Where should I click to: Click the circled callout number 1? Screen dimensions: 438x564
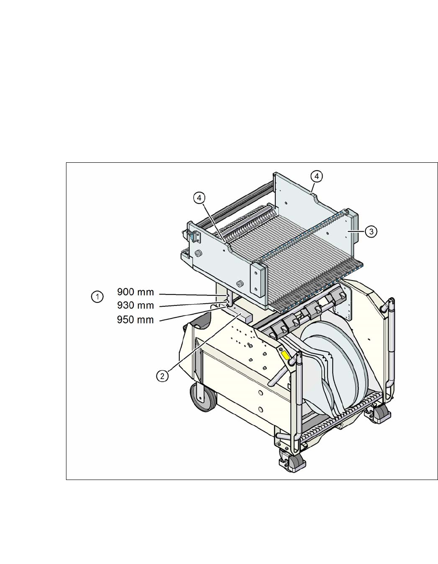click(97, 297)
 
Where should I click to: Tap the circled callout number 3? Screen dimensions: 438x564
click(371, 232)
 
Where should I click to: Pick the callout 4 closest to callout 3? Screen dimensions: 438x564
click(317, 176)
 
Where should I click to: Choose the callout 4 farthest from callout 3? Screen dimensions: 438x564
click(199, 198)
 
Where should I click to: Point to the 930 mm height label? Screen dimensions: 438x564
click(135, 305)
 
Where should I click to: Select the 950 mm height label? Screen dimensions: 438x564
click(135, 319)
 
